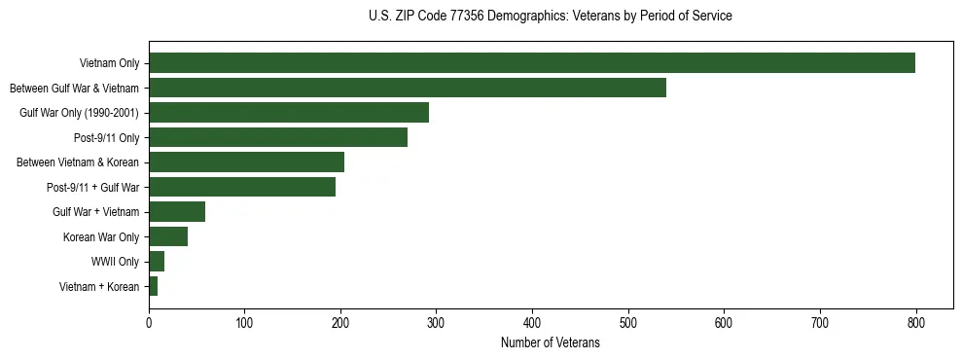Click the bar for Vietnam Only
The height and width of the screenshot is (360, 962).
[531, 63]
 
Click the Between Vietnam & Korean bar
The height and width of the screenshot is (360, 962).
[246, 162]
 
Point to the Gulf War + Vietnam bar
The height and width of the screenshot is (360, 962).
[176, 211]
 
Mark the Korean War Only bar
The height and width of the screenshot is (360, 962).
[167, 236]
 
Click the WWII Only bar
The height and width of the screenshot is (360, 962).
[156, 261]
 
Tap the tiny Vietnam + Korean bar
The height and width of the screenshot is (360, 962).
[153, 286]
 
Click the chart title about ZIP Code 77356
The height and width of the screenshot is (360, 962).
[551, 17]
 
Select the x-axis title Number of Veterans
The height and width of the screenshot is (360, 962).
[551, 343]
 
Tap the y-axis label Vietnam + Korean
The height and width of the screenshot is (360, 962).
[99, 286]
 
